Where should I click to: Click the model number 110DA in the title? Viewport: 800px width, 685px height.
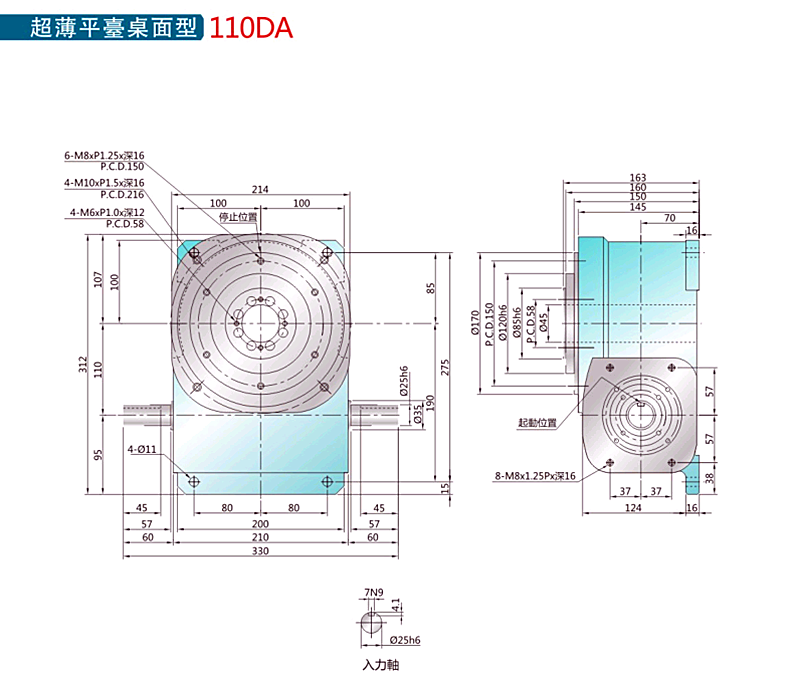251,28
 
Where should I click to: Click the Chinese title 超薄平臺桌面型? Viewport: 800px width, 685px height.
116,28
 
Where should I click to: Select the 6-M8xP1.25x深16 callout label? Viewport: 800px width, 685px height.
104,156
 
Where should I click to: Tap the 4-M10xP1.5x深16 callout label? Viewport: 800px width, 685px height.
104,183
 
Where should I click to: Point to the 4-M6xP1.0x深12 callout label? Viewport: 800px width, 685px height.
107,212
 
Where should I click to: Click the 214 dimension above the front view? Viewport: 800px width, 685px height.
260,189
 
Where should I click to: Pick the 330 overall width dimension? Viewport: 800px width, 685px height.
260,551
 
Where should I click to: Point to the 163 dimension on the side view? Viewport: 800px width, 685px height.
638,178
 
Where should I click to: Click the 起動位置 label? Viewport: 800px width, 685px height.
538,423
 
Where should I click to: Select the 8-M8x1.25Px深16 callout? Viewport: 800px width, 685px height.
535,475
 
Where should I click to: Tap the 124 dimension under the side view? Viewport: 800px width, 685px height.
634,508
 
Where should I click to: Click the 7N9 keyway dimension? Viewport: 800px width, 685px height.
374,592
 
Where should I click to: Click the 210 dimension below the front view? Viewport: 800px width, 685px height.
260,537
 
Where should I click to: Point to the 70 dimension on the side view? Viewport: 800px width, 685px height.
669,217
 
